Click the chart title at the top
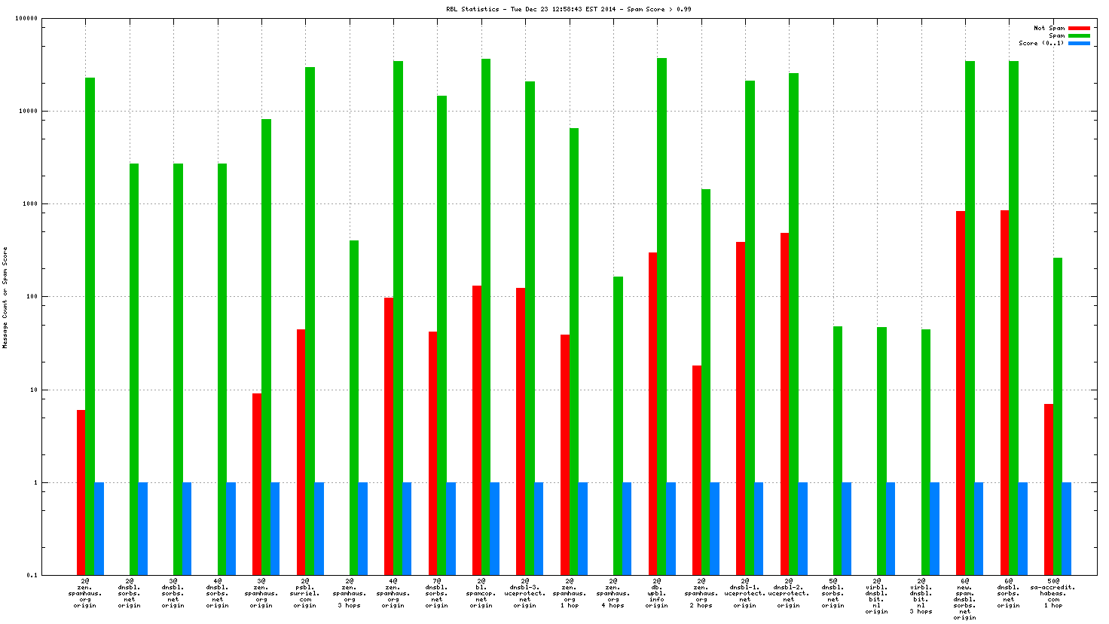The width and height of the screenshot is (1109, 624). tap(568, 9)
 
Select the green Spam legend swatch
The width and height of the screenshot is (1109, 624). tap(1079, 35)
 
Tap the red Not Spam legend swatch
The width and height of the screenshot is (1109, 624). tap(1079, 28)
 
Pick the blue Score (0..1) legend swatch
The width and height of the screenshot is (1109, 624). tap(1079, 43)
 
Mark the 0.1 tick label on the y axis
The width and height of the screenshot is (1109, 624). tap(32, 575)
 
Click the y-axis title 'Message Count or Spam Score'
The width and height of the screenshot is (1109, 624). tap(5, 298)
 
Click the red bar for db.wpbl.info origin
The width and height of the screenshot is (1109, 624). tap(652, 414)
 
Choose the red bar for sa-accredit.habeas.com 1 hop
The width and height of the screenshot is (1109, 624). tap(1049, 489)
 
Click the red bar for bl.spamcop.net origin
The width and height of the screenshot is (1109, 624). tap(477, 430)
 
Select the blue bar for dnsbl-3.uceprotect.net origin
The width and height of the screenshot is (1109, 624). tap(539, 528)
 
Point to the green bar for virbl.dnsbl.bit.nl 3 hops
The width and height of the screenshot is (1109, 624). tap(926, 452)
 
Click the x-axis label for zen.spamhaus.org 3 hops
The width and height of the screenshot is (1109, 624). tap(349, 592)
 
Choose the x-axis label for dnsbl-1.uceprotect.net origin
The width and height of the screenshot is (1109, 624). tap(745, 592)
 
